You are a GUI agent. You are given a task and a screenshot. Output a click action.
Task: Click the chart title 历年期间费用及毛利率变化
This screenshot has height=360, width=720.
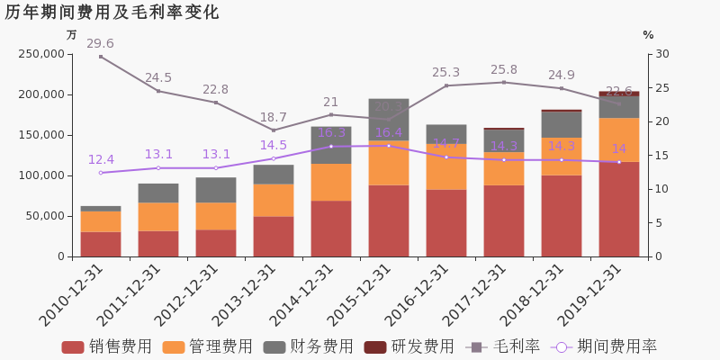coord(112,13)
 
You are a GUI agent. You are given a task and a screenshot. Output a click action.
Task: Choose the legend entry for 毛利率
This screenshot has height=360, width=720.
coord(503,346)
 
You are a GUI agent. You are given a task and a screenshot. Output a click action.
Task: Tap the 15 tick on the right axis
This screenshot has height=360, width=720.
coord(661,156)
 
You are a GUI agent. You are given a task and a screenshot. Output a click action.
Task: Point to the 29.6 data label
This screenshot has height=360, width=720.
coord(100,44)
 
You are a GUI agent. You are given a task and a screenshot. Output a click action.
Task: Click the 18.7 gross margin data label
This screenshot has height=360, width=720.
coord(273,118)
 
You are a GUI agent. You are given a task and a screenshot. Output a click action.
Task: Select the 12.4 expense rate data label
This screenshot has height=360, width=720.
coord(101,160)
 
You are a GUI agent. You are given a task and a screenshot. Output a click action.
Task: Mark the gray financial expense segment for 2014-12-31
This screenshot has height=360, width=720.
coord(331,145)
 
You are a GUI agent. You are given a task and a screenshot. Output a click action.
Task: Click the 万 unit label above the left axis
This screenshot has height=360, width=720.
coord(72,35)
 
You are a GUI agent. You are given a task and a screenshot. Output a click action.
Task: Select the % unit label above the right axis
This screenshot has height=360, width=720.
coord(648,35)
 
